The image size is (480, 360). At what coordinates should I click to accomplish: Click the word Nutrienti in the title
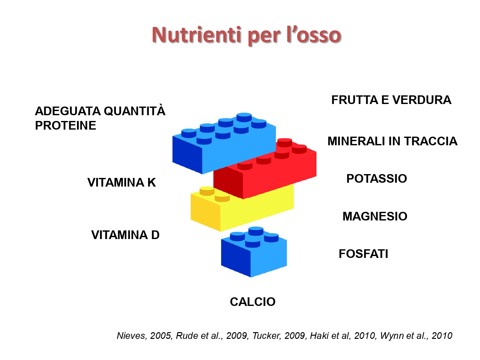(196, 35)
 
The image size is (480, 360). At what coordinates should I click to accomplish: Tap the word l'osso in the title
(314, 35)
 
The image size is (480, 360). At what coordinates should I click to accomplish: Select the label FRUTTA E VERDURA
(391, 100)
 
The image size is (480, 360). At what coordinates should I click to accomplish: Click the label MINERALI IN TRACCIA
(392, 141)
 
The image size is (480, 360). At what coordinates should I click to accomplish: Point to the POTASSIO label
(377, 178)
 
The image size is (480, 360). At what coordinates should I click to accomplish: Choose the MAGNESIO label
(375, 216)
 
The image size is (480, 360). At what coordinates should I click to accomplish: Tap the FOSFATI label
(364, 254)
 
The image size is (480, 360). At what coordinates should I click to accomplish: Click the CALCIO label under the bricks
(252, 302)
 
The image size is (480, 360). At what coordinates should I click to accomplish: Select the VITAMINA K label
(122, 182)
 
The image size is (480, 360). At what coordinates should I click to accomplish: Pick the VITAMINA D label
(125, 235)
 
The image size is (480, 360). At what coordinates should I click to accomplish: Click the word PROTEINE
(66, 125)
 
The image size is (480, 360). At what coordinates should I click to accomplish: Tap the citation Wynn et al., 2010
(416, 336)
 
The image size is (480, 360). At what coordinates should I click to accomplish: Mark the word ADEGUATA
(68, 111)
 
